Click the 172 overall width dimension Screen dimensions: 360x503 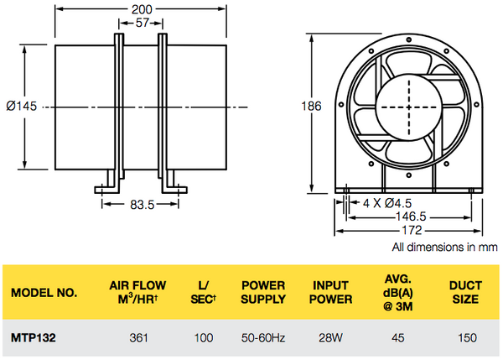[x=410, y=230]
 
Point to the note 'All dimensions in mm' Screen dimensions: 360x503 [x=444, y=248]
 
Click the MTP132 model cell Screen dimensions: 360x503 [x=32, y=338]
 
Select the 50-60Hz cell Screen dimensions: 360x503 [x=265, y=338]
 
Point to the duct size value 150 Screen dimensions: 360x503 [x=468, y=338]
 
